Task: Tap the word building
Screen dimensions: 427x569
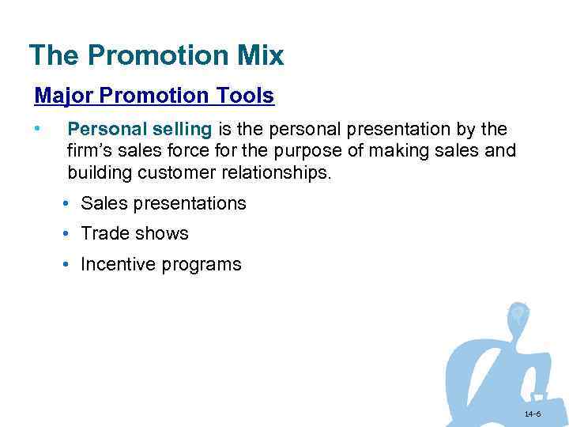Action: click(96, 172)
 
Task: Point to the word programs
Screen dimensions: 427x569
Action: click(202, 265)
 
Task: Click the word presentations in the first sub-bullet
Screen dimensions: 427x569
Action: click(190, 203)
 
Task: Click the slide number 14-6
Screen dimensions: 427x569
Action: click(531, 414)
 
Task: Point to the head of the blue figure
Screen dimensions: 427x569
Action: click(518, 314)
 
